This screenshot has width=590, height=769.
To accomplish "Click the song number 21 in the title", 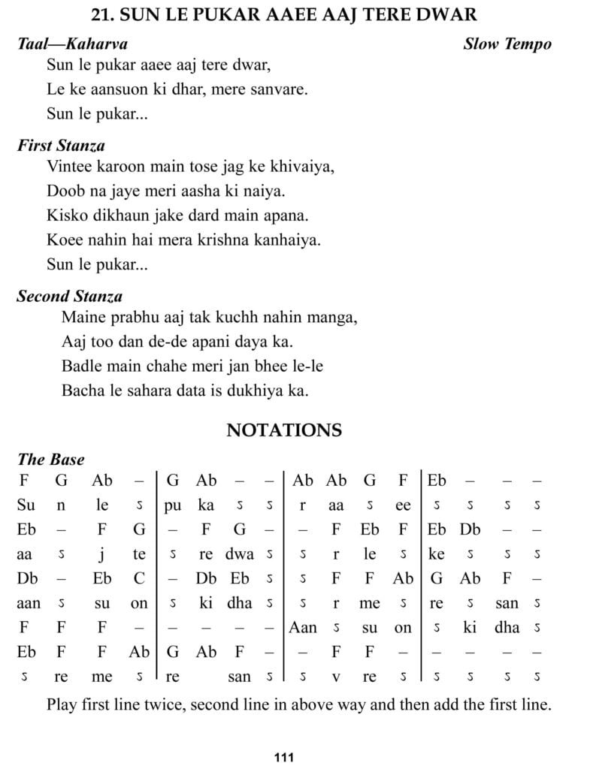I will (99, 15).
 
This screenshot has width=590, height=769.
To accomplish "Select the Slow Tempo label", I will (507, 44).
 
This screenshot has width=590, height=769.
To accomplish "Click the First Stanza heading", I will (61, 145).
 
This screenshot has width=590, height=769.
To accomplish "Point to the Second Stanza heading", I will (69, 296).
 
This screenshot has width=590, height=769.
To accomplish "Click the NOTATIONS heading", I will (284, 430).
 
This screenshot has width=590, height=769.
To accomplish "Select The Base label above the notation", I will (51, 460).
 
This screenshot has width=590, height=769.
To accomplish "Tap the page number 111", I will (283, 756).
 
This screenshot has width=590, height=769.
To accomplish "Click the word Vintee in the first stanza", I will (68, 166).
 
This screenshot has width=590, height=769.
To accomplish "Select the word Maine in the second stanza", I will (81, 317).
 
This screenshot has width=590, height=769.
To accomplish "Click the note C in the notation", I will (139, 579).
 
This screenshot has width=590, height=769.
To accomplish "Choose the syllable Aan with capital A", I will (302, 628).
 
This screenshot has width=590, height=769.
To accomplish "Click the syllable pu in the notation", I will (173, 505).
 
